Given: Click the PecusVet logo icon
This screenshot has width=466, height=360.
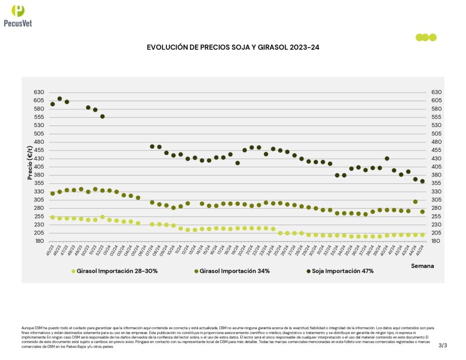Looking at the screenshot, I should (x=18, y=10).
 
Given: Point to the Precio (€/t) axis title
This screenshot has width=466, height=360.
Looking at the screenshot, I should (x=30, y=163).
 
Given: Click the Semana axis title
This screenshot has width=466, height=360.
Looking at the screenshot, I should (x=423, y=265).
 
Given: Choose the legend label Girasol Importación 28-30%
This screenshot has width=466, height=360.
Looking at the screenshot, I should (x=117, y=271).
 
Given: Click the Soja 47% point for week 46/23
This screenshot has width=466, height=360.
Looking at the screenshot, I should (x=60, y=99).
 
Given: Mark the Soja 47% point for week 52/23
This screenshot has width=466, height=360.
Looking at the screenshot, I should (x=102, y=117).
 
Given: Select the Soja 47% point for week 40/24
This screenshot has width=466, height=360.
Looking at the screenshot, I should (x=387, y=158).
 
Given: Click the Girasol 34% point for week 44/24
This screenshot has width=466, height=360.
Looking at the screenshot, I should (x=415, y=202).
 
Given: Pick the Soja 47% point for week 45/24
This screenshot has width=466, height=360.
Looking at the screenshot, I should (x=422, y=181).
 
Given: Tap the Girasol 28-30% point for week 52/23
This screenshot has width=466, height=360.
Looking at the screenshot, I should (x=102, y=217).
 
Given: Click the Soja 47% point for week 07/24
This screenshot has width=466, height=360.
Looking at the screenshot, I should (x=152, y=147).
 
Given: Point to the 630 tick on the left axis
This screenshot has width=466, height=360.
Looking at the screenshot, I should (x=39, y=92).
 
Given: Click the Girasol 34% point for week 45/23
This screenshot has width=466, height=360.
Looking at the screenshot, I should (x=52, y=193).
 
